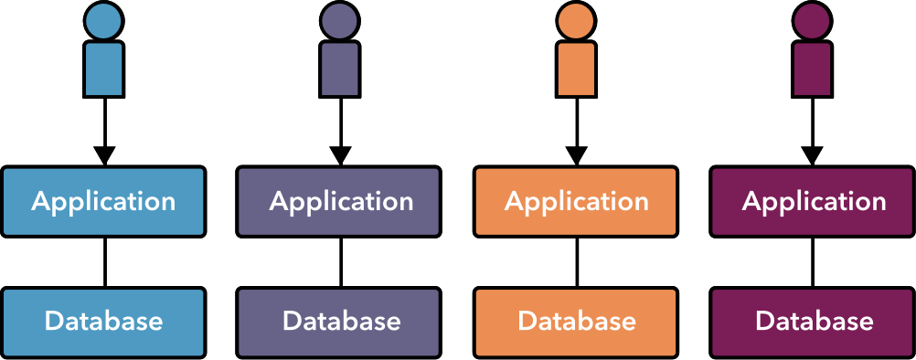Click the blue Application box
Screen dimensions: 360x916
[x=103, y=202]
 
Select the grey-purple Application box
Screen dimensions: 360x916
[x=338, y=202]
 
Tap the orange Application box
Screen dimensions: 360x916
[x=576, y=202]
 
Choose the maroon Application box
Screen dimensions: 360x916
[x=813, y=202]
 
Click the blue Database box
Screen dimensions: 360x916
[x=103, y=323]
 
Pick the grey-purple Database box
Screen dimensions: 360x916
[x=338, y=323]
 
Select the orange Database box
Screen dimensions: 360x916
[x=576, y=323]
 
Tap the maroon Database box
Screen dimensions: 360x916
[x=813, y=323]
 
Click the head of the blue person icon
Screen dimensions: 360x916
[x=103, y=20]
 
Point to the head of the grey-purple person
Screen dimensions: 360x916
[x=340, y=20]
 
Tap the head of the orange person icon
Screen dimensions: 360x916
[x=576, y=20]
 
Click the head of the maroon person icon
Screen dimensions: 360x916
[x=812, y=20]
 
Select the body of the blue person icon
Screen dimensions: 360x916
[x=103, y=69]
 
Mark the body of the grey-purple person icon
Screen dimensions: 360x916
[x=340, y=69]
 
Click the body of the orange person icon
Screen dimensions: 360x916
[x=576, y=69]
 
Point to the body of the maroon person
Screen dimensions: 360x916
[x=812, y=69]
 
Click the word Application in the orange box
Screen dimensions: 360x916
[x=576, y=202]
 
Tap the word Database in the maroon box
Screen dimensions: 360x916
[x=814, y=322]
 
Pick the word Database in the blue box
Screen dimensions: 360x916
[x=103, y=322]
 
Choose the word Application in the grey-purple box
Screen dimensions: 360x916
[x=340, y=202]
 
